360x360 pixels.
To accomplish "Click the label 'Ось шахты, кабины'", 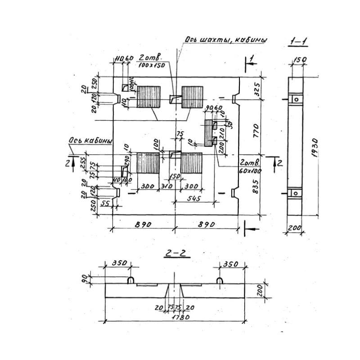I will (x=225, y=40).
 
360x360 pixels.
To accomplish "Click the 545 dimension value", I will (x=198, y=198).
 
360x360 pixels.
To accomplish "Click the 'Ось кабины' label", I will (x=90, y=141).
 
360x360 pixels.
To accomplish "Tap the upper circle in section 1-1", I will (x=296, y=99).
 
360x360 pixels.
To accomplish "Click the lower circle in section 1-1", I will (x=296, y=193).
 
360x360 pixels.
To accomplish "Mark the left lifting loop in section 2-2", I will (x=130, y=280).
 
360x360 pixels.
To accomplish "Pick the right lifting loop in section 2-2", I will (x=219, y=280).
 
